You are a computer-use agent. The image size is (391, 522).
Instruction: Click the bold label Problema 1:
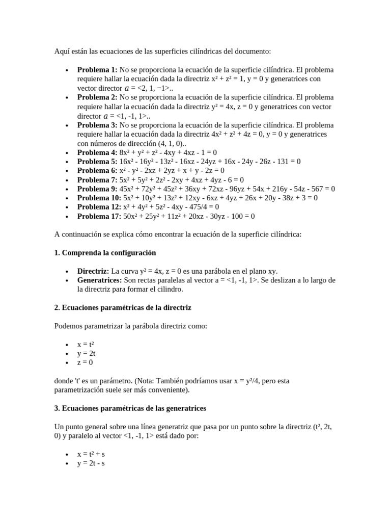point(97,69)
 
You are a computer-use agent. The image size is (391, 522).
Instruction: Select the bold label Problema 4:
point(97,152)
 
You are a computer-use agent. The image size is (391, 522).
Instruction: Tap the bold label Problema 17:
point(99,216)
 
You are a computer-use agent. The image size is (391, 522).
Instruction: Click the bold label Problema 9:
point(97,189)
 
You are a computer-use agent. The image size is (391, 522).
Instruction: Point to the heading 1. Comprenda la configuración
point(105,253)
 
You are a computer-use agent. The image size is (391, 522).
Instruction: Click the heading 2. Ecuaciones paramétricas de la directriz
point(123,307)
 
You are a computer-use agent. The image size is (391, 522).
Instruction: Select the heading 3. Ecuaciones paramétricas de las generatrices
point(130,408)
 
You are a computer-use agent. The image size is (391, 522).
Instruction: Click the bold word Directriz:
point(93,271)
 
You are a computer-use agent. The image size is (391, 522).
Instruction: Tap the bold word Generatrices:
point(99,280)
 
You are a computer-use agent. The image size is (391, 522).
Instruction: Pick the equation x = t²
point(86,344)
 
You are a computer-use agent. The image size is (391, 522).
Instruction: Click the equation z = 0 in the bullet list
point(85,362)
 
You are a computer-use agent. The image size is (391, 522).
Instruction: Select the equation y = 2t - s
point(91,463)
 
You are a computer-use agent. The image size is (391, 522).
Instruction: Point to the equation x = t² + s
point(91,454)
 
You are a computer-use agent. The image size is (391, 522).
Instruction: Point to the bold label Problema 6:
point(97,170)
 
